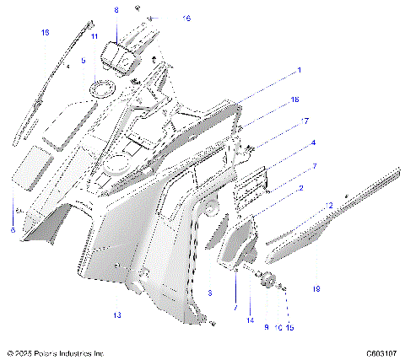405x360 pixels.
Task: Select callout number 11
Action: click(x=94, y=36)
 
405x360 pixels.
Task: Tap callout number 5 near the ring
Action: click(x=83, y=62)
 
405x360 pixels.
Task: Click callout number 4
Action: click(x=314, y=143)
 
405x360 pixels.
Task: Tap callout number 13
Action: click(x=117, y=314)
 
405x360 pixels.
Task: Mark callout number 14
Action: click(x=250, y=320)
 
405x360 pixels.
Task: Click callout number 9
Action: click(x=267, y=326)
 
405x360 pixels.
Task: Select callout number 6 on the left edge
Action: click(x=13, y=229)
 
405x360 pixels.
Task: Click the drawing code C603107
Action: click(x=381, y=353)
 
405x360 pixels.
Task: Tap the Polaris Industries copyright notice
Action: click(x=55, y=353)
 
